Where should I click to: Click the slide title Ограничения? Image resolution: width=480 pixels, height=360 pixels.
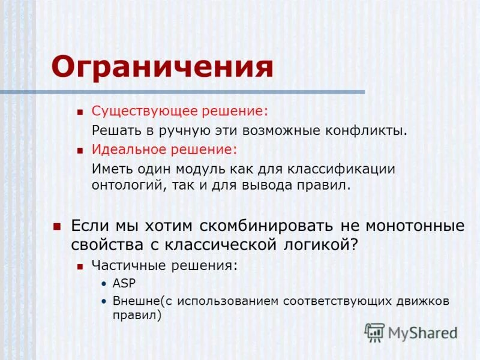click(x=162, y=67)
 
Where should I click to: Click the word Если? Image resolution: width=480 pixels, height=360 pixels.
click(x=88, y=226)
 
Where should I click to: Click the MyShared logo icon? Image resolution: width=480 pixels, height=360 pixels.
click(x=374, y=332)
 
